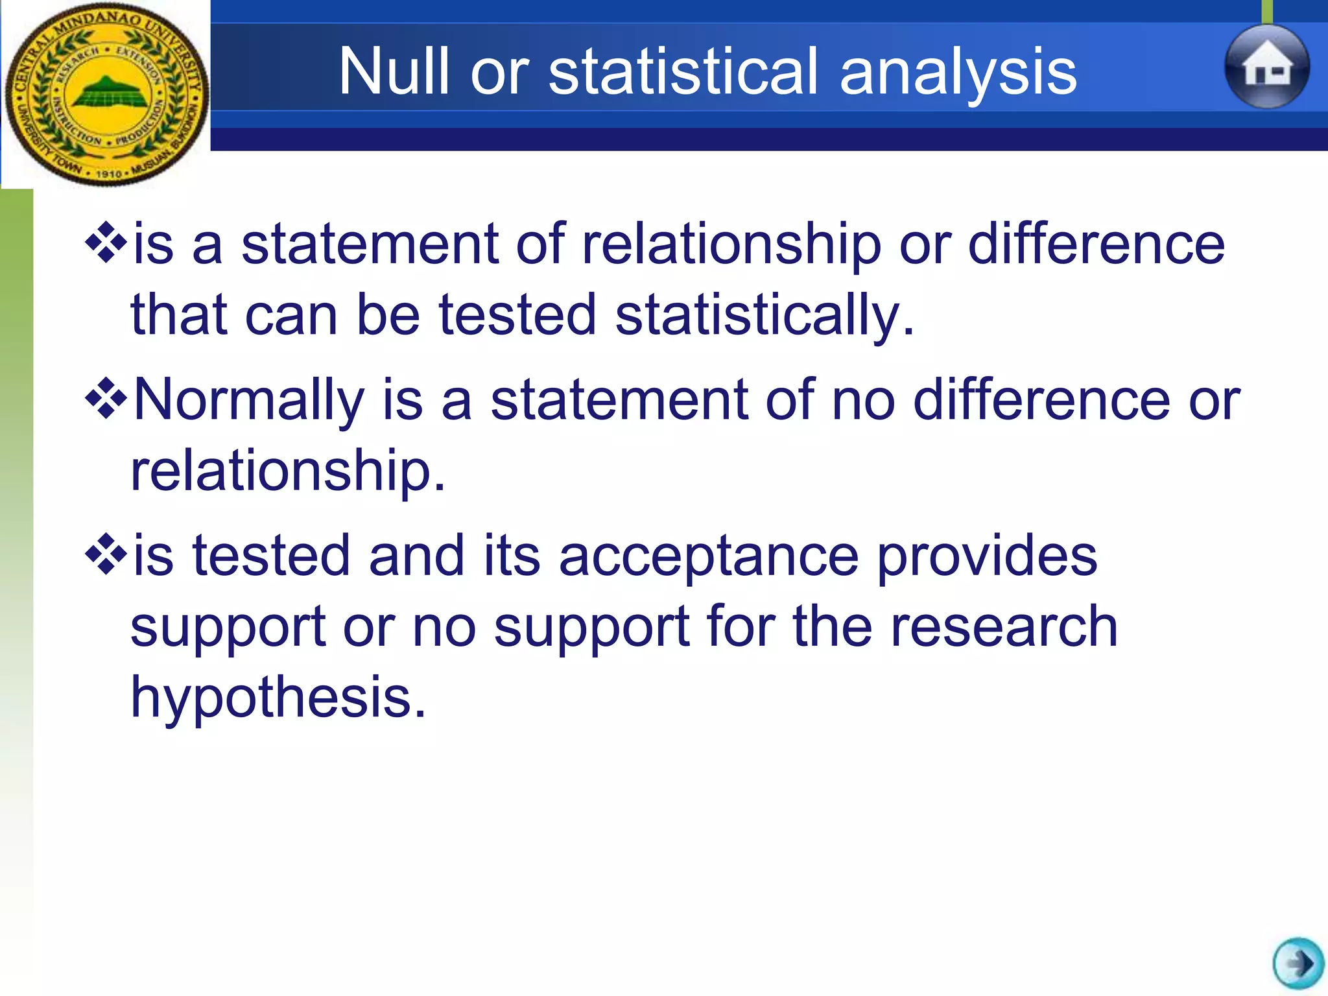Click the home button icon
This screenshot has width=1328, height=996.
click(x=1266, y=67)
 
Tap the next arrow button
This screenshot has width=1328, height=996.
click(x=1298, y=963)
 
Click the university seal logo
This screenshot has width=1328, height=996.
click(x=106, y=94)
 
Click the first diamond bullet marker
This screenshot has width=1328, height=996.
click(x=105, y=243)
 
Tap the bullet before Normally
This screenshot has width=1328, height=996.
click(x=105, y=399)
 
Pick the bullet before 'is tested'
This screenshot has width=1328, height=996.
click(x=105, y=555)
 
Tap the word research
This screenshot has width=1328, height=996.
click(x=1004, y=627)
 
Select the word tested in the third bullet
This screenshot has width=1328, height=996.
click(x=271, y=556)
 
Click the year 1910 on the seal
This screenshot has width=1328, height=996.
click(x=109, y=174)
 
